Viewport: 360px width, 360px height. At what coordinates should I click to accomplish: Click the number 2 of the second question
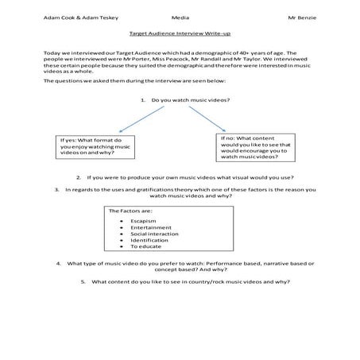78,177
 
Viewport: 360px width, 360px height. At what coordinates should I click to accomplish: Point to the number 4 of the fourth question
57,263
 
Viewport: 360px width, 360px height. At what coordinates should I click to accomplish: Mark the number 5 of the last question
83,281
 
